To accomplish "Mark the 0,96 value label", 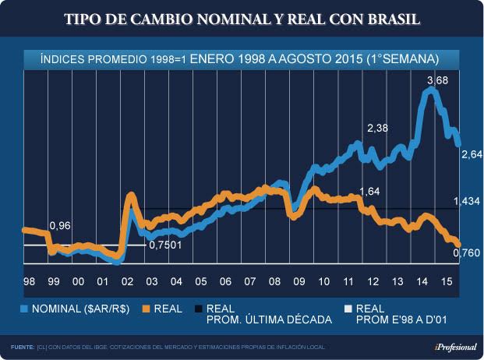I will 60,226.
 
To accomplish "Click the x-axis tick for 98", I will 29,281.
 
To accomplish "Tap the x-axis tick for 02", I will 127,281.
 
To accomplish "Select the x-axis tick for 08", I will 274,281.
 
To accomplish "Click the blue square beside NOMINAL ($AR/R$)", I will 24,309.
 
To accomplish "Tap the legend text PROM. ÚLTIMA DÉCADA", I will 268,319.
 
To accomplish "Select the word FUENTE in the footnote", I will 22,346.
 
